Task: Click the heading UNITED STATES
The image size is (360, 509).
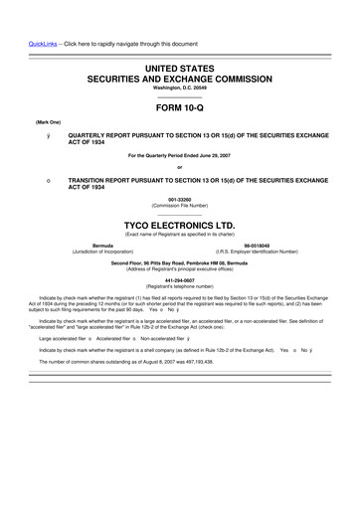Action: click(x=179, y=66)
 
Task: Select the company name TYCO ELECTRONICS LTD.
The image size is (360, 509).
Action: click(x=179, y=226)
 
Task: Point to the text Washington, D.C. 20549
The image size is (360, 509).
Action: click(x=179, y=87)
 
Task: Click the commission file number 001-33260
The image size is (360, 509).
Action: click(x=179, y=201)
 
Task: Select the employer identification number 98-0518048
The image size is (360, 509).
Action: click(x=257, y=245)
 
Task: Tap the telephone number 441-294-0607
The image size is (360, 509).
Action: click(x=179, y=277)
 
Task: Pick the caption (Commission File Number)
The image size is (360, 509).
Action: click(x=179, y=207)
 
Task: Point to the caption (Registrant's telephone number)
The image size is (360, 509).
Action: click(x=179, y=284)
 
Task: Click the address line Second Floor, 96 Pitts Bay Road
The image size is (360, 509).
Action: click(x=179, y=261)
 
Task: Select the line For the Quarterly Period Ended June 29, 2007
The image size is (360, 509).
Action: click(x=179, y=155)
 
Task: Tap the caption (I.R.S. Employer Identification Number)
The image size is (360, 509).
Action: click(x=257, y=252)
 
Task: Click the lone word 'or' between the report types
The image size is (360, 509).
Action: click(x=179, y=166)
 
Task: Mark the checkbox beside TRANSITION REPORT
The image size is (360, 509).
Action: click(x=35, y=179)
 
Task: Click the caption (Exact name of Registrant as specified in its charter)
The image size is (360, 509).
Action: click(x=179, y=234)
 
